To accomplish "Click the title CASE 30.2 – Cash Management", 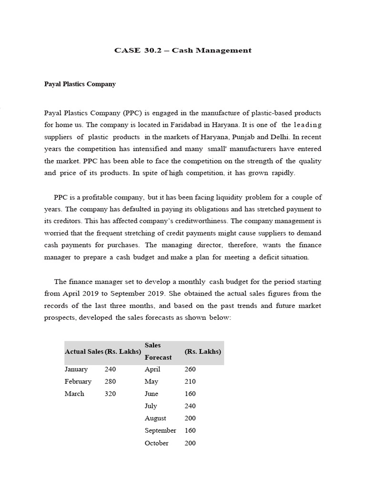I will (183, 50).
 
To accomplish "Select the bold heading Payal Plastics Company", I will (80, 84).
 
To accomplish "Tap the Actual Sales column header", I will (84, 352).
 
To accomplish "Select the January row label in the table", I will (76, 369).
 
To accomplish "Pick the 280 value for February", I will (110, 381).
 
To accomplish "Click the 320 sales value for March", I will (110, 394).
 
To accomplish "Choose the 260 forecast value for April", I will (190, 369).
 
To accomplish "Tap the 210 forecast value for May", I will (190, 381).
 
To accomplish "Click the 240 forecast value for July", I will (190, 406).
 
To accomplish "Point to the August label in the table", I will (155, 418).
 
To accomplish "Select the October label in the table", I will (156, 443).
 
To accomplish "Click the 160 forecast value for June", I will (190, 394).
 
